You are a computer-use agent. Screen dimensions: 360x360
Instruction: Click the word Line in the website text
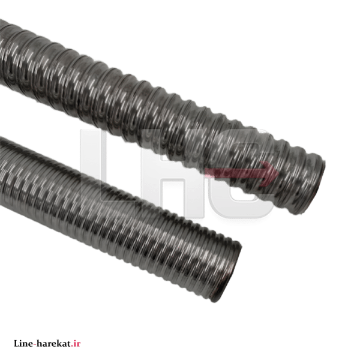[x=23, y=343]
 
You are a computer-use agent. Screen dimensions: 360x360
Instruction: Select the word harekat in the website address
[x=53, y=343]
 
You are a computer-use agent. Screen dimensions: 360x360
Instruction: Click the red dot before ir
[x=72, y=346]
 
